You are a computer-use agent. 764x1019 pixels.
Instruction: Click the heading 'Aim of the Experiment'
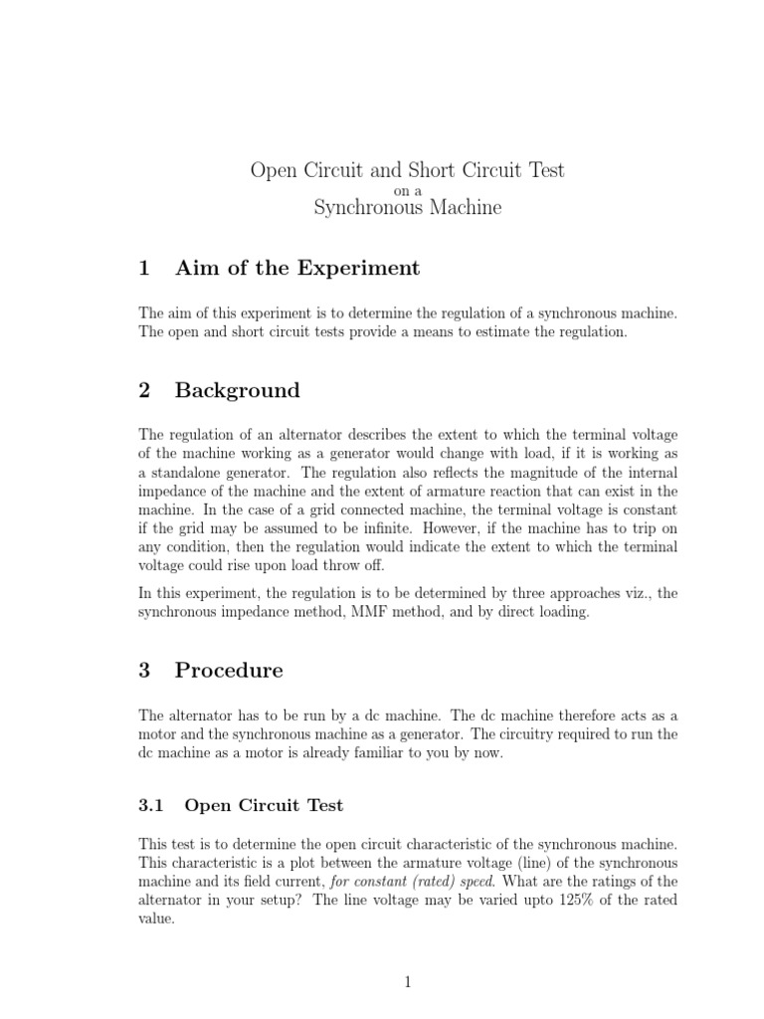[x=297, y=268]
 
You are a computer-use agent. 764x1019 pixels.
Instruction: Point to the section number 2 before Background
[x=145, y=390]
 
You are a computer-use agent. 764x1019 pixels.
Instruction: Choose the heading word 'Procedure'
[x=229, y=670]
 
